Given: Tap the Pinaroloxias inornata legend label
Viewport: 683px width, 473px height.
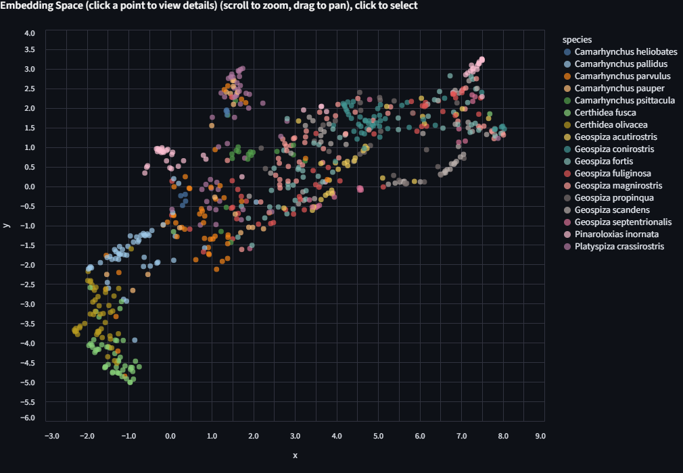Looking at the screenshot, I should point(626,234).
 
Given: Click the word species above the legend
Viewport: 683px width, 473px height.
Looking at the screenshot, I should point(577,39).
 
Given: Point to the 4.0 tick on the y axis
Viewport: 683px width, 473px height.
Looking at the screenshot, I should point(29,33).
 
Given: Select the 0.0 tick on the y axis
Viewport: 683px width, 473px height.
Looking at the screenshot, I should point(29,187).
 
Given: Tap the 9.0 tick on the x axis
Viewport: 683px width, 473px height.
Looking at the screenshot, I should point(540,437).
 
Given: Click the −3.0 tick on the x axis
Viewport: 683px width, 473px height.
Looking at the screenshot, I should point(51,437).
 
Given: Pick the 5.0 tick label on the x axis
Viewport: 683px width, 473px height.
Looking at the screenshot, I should point(378,437).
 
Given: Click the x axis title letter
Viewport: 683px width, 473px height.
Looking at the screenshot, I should point(295,455).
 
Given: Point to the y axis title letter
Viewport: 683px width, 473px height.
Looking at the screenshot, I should point(6,225).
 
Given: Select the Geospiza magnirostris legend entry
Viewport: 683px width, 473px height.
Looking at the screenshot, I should point(618,186).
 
